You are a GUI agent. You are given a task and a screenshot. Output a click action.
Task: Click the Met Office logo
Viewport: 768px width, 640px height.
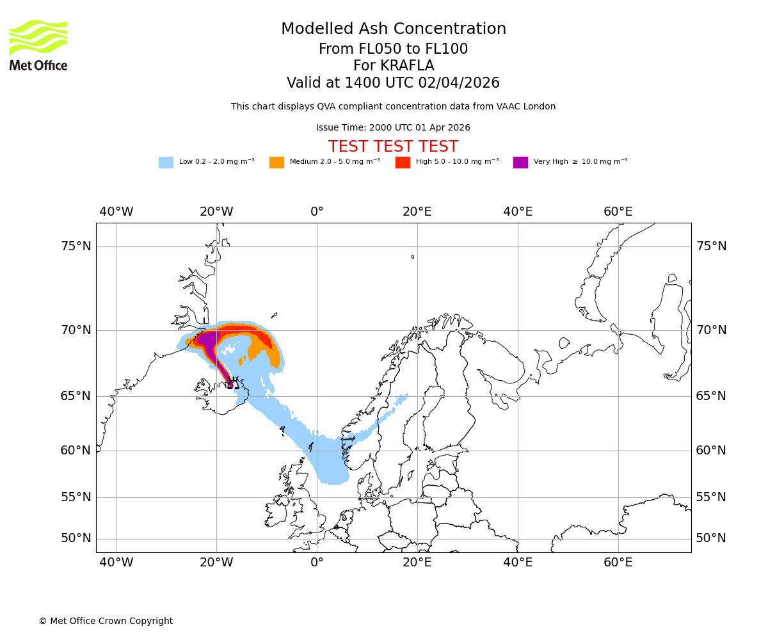coord(38,45)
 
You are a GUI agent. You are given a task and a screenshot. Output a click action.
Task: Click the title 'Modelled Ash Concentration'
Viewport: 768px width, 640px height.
coord(394,29)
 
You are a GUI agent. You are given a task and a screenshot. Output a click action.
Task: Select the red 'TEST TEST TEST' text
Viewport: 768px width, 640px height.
coord(394,147)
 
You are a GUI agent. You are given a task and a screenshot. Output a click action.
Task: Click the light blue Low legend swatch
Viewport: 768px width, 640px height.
coord(166,163)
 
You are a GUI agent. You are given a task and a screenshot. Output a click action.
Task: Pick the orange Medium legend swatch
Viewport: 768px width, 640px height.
coord(276,163)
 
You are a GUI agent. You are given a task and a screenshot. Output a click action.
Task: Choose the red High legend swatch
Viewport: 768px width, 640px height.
coord(403,163)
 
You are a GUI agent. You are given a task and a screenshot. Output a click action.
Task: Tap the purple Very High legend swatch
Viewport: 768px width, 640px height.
coord(520,163)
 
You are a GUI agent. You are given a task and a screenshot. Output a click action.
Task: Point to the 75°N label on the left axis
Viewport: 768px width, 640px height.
coord(76,246)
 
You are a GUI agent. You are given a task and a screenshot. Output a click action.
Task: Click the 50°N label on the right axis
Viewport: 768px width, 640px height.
coord(711,538)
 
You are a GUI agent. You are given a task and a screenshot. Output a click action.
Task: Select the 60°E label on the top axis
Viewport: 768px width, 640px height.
coord(618,212)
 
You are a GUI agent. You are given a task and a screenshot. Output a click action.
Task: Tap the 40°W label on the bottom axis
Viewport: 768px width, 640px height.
coord(116,563)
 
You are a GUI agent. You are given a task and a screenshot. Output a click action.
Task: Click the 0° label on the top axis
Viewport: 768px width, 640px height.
coord(317,212)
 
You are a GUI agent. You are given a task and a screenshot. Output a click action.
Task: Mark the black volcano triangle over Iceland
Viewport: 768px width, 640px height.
coord(233,383)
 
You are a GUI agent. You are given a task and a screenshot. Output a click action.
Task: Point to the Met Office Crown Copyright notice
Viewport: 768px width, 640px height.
coord(106,621)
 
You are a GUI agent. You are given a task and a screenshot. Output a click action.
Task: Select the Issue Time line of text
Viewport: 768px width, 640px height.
coord(394,128)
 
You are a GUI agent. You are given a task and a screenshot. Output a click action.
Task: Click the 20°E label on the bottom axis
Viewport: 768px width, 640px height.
coord(417,563)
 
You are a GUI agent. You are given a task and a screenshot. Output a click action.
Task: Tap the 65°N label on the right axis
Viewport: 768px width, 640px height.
coord(711,396)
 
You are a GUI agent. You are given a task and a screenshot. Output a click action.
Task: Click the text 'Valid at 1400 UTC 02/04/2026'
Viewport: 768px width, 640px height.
coord(394,83)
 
